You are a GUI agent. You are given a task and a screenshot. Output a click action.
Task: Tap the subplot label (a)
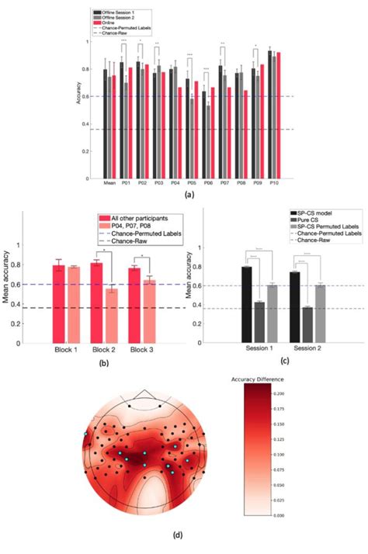[185, 198]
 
